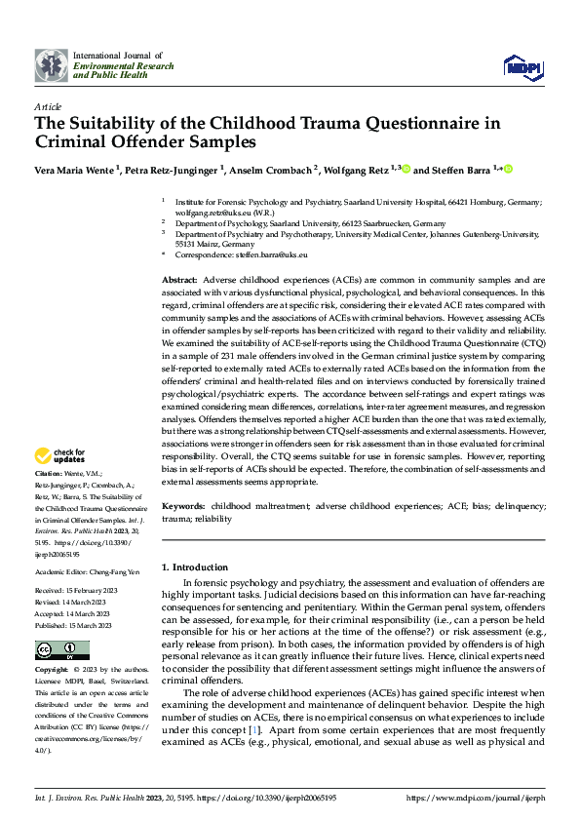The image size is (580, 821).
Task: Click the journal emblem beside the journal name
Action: [x=51, y=64]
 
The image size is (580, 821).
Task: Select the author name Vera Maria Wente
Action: [x=75, y=170]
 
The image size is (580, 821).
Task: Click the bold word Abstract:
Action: [x=180, y=280]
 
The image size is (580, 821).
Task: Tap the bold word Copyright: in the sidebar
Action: [x=54, y=672]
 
